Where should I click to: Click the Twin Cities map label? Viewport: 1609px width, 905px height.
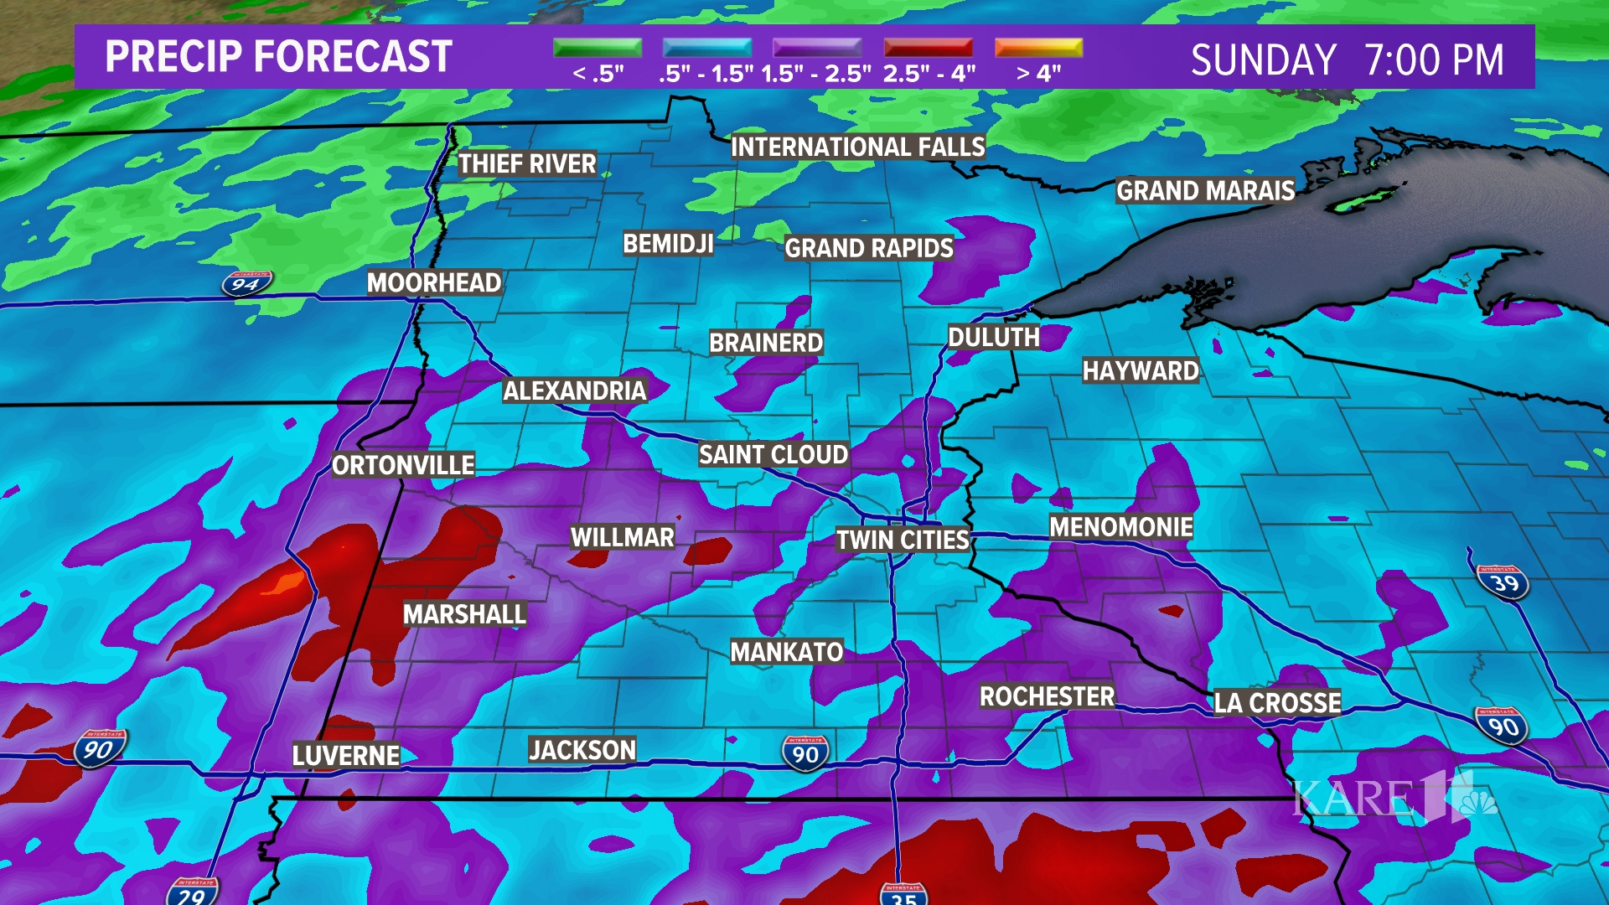coord(903,540)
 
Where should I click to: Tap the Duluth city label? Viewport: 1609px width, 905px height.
coord(993,338)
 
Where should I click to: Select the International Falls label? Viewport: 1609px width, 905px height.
coord(857,147)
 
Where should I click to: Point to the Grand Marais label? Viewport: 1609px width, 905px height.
coord(1205,191)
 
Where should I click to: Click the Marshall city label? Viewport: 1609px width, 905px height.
coord(464,614)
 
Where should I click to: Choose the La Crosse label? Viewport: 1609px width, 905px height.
coord(1277,702)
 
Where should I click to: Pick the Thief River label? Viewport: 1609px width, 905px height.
coord(527,164)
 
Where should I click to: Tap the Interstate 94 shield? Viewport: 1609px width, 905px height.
coord(246,284)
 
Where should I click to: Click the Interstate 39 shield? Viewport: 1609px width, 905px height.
coord(1504,582)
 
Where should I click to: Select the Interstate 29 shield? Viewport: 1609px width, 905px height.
coord(192,892)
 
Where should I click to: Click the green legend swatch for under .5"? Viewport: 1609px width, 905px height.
coord(598,48)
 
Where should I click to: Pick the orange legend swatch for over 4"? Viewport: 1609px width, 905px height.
coord(1038,48)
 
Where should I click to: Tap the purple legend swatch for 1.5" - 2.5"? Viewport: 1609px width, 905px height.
coord(817,48)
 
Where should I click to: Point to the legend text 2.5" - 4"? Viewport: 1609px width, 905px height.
coord(929,74)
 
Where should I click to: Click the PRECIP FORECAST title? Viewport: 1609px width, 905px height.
coord(278,57)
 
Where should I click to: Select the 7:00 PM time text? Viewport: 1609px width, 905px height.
coord(1434,60)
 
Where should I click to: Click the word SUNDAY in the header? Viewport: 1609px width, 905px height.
coord(1263,60)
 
